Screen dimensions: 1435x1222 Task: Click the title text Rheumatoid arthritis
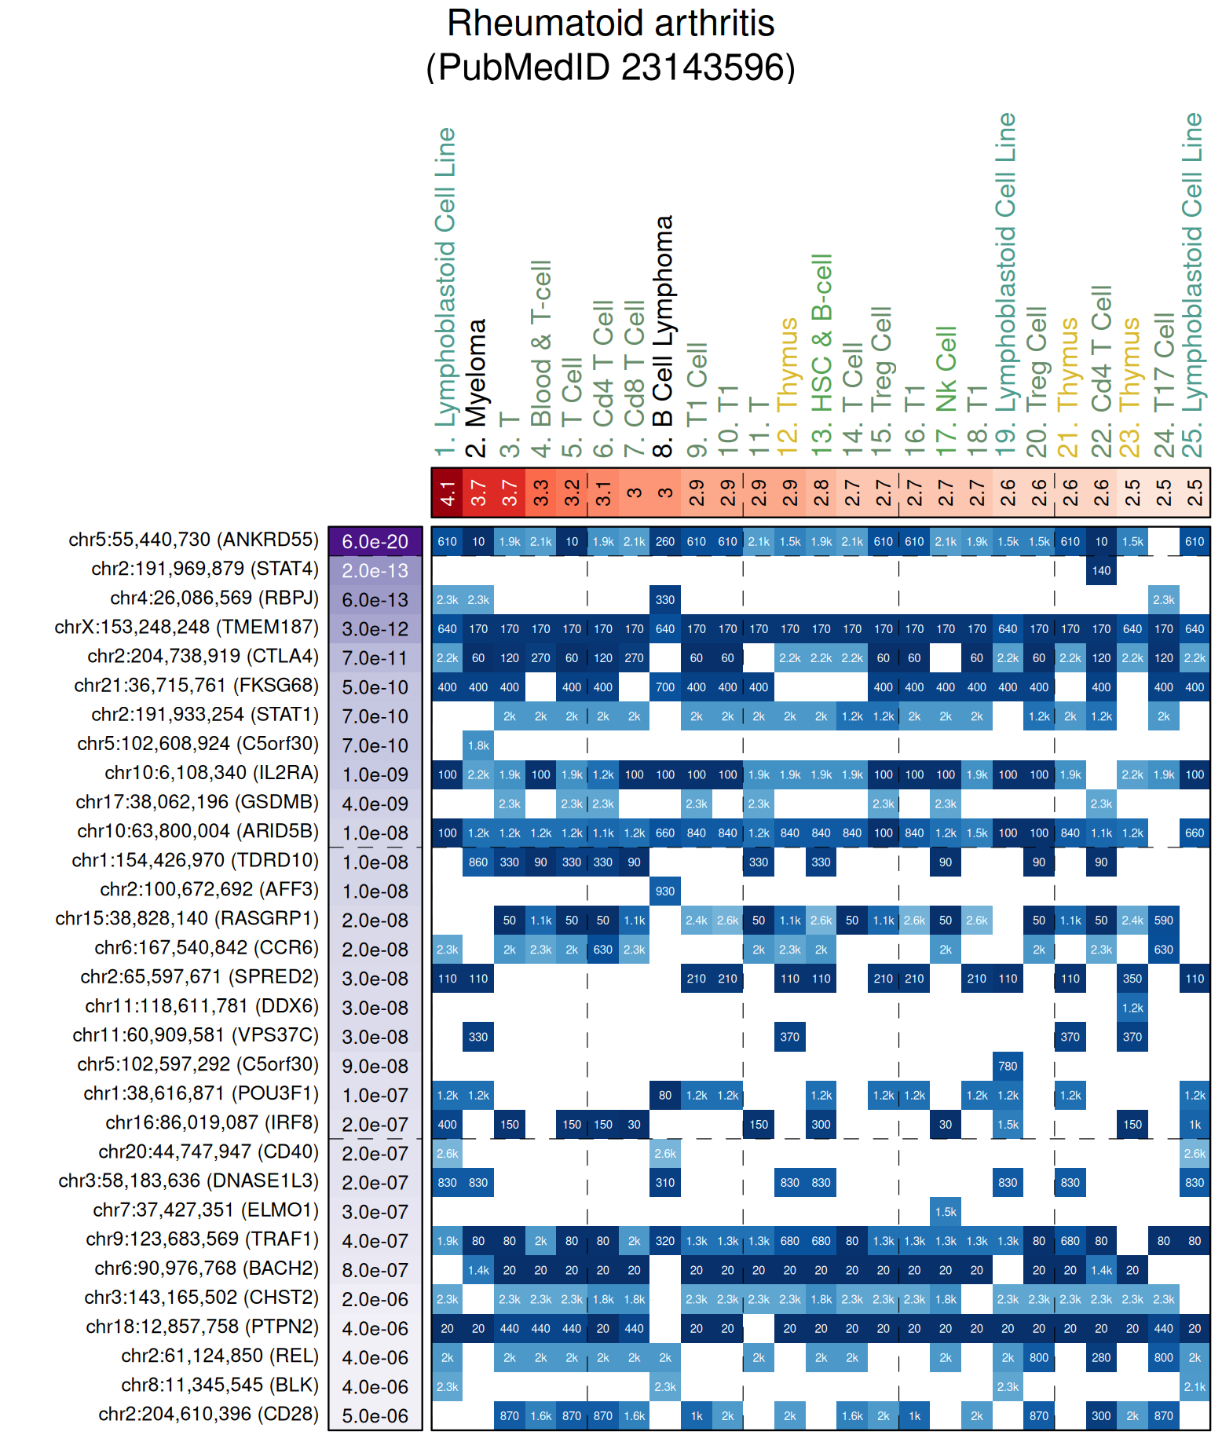pyautogui.click(x=610, y=24)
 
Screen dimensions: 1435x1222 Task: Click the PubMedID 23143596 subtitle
pyautogui.click(x=610, y=68)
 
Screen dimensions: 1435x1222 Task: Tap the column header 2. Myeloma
pyautogui.click(x=477, y=388)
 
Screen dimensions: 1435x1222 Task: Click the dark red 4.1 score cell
pyautogui.click(x=447, y=493)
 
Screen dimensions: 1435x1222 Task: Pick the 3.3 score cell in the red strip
pyautogui.click(x=540, y=493)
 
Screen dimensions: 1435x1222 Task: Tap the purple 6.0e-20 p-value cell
pyautogui.click(x=375, y=541)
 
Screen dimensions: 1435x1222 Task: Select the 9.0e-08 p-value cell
pyautogui.click(x=375, y=1066)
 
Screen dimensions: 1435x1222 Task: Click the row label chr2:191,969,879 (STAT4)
pyautogui.click(x=205, y=569)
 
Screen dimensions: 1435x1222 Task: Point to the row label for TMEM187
pyautogui.click(x=187, y=627)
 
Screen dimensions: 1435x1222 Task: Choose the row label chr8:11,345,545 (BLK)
pyautogui.click(x=220, y=1385)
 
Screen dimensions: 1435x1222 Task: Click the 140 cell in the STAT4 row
pyautogui.click(x=1101, y=571)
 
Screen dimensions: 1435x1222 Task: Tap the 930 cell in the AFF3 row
pyautogui.click(x=665, y=891)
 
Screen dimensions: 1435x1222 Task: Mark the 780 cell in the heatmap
pyautogui.click(x=1008, y=1066)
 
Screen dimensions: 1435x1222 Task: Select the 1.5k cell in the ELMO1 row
pyautogui.click(x=946, y=1212)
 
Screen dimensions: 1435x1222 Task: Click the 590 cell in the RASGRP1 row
pyautogui.click(x=1163, y=921)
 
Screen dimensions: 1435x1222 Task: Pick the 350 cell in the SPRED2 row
pyautogui.click(x=1132, y=979)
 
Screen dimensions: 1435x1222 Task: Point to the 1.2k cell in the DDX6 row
pyautogui.click(x=1132, y=1008)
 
